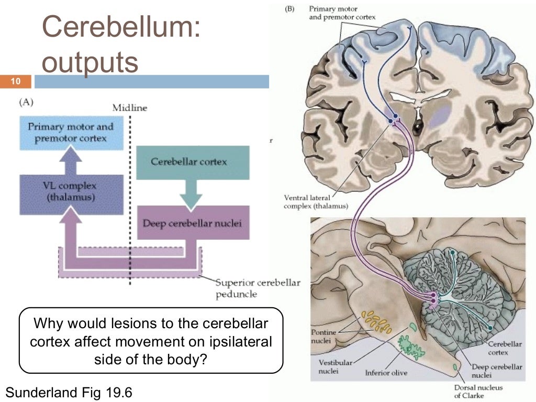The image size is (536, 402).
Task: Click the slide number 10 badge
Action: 15,81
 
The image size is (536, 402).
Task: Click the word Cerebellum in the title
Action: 120,27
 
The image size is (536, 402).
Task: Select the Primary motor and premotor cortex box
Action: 70,132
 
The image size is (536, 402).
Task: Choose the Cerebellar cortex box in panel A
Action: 189,162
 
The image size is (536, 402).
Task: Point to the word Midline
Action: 130,108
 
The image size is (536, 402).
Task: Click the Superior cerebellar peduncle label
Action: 258,288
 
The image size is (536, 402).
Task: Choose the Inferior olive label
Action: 386,373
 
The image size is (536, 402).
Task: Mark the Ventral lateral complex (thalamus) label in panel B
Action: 316,202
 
